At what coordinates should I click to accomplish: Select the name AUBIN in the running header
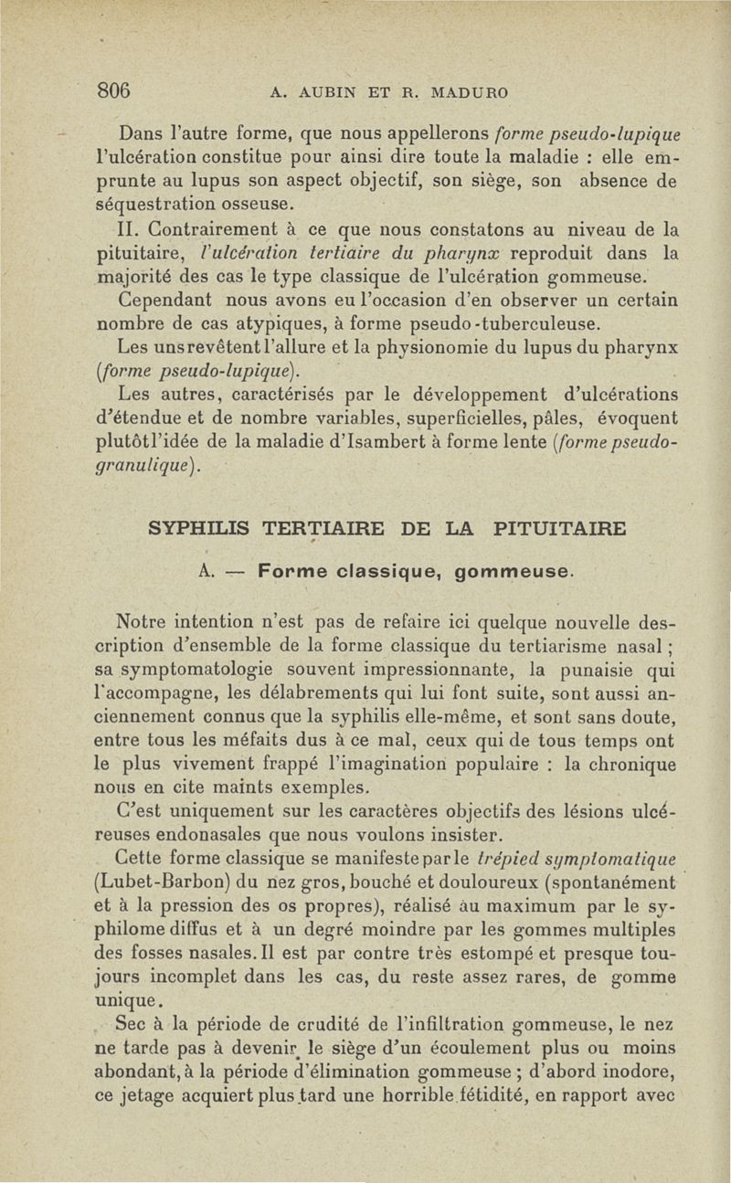tap(323, 92)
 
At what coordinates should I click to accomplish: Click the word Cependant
tap(175, 301)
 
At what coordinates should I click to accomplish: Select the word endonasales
tap(220, 835)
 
